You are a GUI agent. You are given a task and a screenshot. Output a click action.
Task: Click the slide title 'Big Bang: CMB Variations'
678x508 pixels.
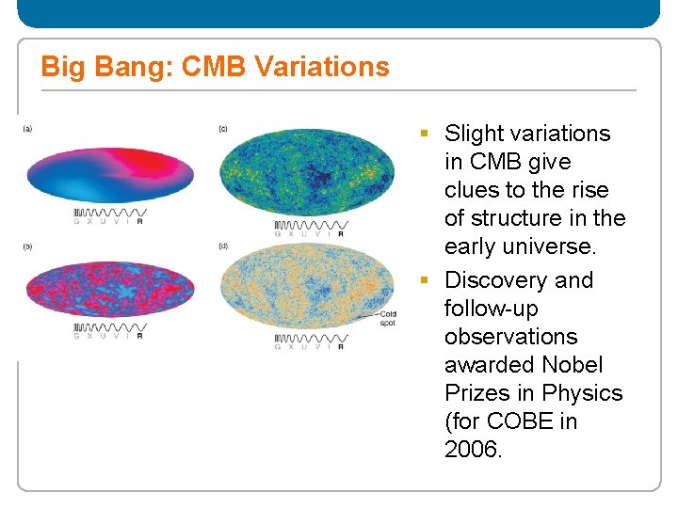(x=215, y=67)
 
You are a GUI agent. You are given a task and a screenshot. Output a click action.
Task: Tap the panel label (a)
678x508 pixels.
(x=28, y=129)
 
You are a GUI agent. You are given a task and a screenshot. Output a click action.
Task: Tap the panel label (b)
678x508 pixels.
(x=28, y=246)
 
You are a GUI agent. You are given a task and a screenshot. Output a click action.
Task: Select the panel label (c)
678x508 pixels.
(x=223, y=129)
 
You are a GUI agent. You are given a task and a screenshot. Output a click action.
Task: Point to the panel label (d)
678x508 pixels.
(x=223, y=246)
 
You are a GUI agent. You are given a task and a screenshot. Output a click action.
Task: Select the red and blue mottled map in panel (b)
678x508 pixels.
(x=110, y=287)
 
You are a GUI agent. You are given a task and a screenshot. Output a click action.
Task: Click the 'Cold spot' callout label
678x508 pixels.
(x=388, y=318)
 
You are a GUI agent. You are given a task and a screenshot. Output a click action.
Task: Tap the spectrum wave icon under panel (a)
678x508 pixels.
(x=108, y=213)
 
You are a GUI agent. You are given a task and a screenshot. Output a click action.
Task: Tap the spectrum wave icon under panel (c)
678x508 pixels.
(x=311, y=226)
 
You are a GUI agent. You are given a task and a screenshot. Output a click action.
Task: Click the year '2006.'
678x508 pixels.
(x=474, y=450)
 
